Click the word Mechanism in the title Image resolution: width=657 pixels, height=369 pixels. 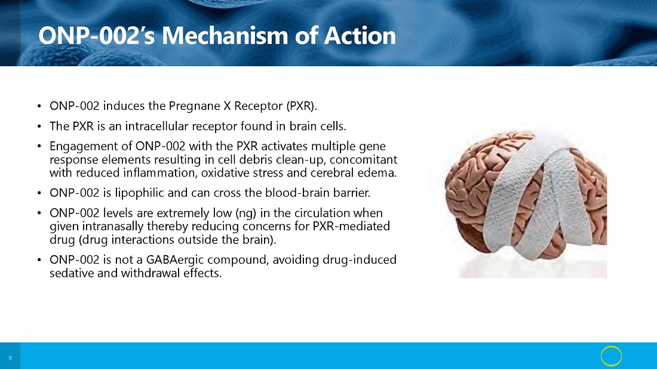pyautogui.click(x=225, y=35)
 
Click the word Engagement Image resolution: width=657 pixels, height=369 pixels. pyautogui.click(x=78, y=147)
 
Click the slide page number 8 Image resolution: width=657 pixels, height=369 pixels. pyautogui.click(x=10, y=358)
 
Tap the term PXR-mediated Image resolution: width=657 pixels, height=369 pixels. pyautogui.click(x=351, y=227)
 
